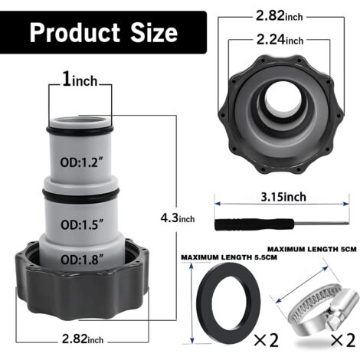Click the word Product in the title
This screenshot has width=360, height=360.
74,33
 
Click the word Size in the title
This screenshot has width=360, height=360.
154,33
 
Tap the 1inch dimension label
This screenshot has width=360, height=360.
80,80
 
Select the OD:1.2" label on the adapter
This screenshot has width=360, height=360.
82,162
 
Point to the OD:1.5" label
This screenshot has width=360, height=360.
82,224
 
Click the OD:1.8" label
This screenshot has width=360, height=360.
82,260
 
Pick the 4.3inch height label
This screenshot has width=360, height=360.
178,218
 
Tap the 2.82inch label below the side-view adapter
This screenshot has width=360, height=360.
83,339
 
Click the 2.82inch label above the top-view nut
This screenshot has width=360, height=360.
280,16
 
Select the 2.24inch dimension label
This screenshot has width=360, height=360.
280,40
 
